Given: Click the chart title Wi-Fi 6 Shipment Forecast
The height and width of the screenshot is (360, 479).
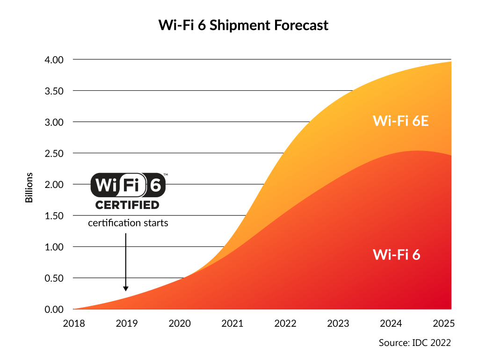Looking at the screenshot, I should [243, 25].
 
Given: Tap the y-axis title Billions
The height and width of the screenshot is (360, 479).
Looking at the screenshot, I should [29, 187].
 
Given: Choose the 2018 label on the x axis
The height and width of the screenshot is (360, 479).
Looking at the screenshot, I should [73, 324].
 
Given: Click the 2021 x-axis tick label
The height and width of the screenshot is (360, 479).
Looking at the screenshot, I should [232, 324].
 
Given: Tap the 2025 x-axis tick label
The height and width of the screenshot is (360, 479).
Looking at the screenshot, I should [445, 324].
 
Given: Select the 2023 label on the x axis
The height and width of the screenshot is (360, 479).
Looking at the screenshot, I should [339, 324].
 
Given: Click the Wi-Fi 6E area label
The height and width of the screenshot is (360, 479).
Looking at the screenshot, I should [401, 121].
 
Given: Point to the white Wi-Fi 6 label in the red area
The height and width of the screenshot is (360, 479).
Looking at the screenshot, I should [396, 255].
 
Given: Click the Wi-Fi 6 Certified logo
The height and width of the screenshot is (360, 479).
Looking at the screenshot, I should [128, 191].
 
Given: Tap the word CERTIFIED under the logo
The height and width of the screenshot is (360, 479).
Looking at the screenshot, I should [127, 205].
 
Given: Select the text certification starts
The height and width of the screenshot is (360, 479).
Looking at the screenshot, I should [128, 223].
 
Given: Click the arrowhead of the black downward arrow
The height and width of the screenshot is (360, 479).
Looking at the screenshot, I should [125, 288].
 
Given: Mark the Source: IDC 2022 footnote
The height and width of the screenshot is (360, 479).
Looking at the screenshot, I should [414, 343].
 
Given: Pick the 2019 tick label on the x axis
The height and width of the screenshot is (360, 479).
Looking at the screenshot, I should [126, 324].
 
